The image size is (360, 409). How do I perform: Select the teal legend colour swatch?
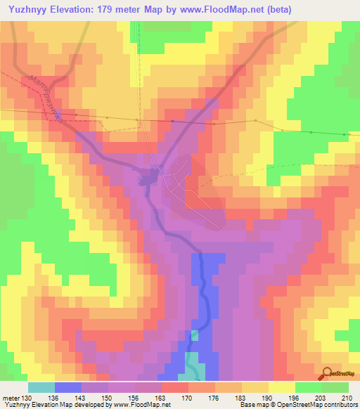coord(41,388)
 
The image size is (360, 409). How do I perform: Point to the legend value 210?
coord(349,398)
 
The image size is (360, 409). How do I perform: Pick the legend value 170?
coord(187,398)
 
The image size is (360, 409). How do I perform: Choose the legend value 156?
coord(134,398)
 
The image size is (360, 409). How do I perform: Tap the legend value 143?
coord(80,398)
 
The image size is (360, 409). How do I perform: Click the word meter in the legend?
coord(10,398)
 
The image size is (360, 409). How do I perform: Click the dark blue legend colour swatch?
coord(68,388)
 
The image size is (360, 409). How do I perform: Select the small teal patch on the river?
coord(195,335)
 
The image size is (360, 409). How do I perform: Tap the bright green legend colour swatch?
coord(309,388)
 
